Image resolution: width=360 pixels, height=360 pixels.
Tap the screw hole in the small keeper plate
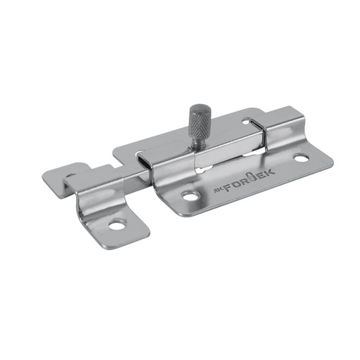pos(117,226)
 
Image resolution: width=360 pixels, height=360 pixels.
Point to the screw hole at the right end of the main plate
pos(300,157)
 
